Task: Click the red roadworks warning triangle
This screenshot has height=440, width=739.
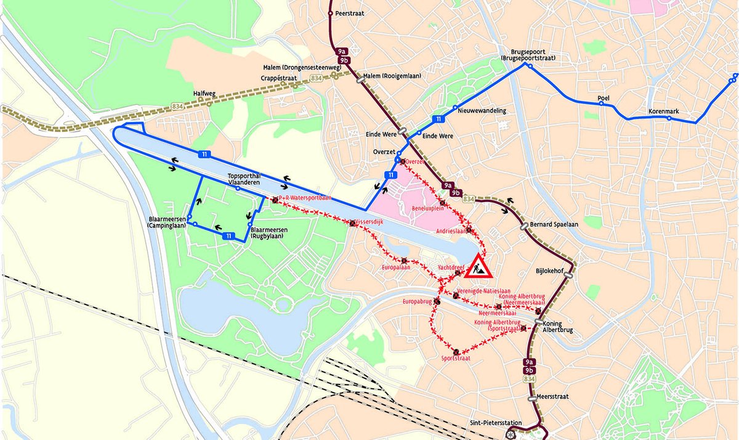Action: [477, 266]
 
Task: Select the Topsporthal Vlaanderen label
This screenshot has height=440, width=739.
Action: [243, 179]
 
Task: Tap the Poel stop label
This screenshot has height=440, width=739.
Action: [604, 99]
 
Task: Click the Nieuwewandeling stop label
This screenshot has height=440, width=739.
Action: [482, 111]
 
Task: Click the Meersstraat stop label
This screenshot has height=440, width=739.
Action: [552, 397]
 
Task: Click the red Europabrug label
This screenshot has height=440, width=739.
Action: [416, 302]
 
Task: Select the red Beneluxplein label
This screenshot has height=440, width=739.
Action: [428, 208]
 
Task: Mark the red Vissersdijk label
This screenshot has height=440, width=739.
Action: [369, 222]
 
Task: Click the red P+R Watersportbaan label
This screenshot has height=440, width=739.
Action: [305, 198]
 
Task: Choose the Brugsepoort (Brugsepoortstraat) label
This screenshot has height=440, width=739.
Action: [530, 55]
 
